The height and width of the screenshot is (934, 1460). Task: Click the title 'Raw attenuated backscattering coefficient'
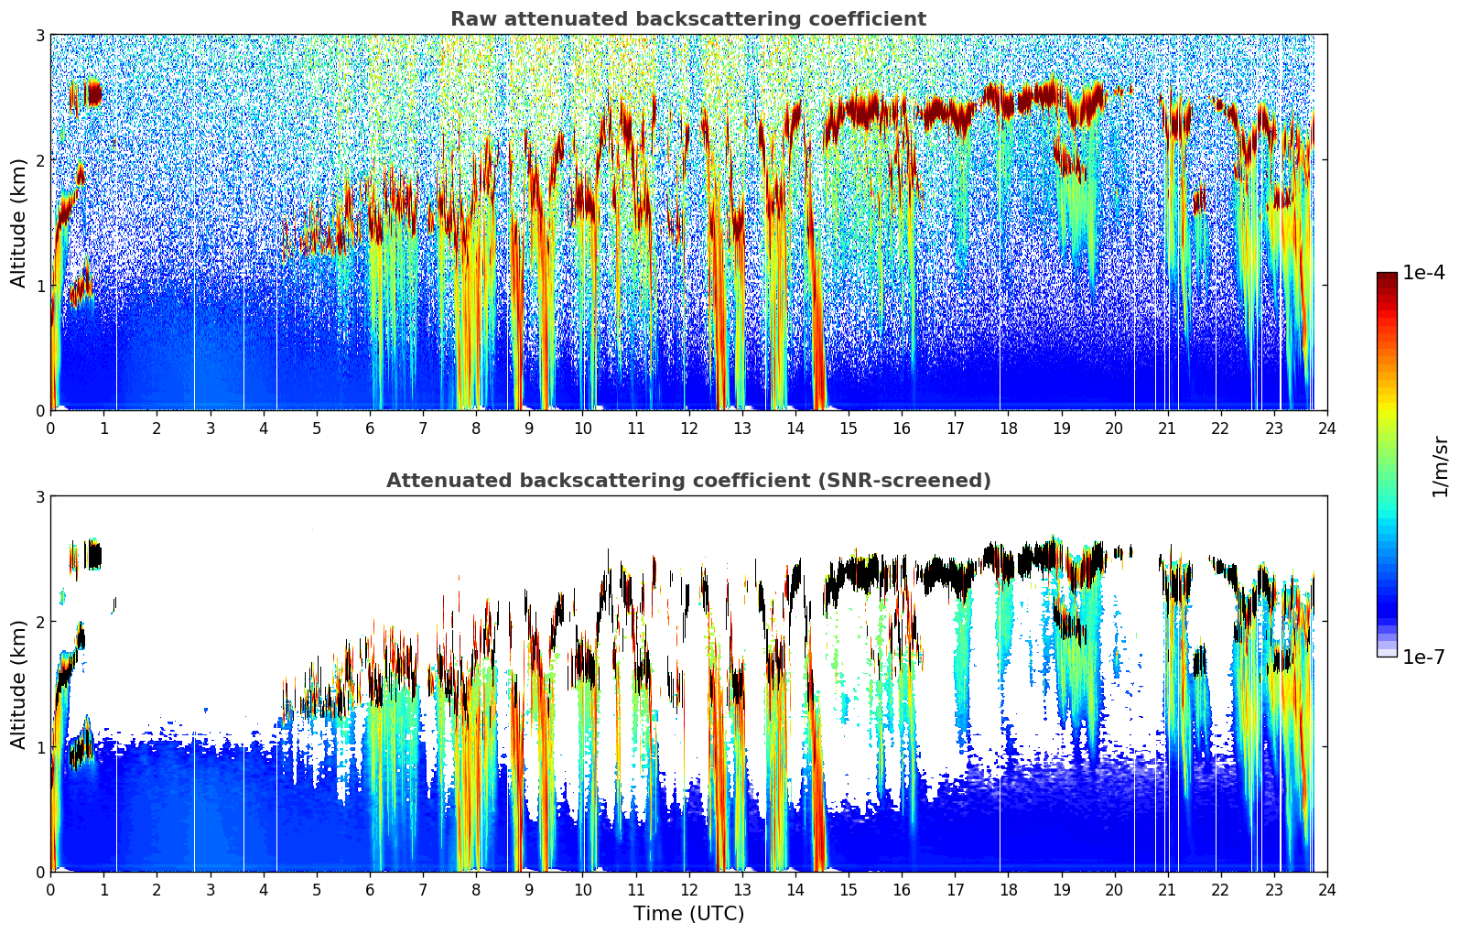[688, 19]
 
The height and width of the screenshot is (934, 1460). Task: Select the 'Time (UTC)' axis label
[688, 913]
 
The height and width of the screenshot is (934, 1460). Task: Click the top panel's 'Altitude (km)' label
[19, 223]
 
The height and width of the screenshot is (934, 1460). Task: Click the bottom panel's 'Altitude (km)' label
[19, 684]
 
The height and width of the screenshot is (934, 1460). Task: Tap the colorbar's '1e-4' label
[1423, 273]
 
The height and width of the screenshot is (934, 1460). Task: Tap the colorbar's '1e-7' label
[1423, 657]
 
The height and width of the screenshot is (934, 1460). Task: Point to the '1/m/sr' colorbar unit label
[1440, 466]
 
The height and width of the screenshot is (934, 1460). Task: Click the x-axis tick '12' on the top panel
[688, 428]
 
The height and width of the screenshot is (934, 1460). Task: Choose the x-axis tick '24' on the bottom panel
[1326, 889]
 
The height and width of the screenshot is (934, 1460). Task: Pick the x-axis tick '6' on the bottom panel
[370, 889]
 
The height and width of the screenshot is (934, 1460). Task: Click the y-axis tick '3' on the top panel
[40, 35]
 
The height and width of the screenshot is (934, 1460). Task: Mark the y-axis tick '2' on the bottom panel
[40, 622]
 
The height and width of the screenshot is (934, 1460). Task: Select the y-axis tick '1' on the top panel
[40, 286]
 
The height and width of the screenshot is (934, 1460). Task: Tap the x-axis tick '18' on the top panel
[1008, 428]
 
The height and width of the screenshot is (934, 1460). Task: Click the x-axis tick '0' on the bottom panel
[50, 889]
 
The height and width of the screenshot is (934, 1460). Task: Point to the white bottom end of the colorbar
[1386, 652]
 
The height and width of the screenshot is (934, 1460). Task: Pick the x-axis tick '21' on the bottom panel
[1167, 889]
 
